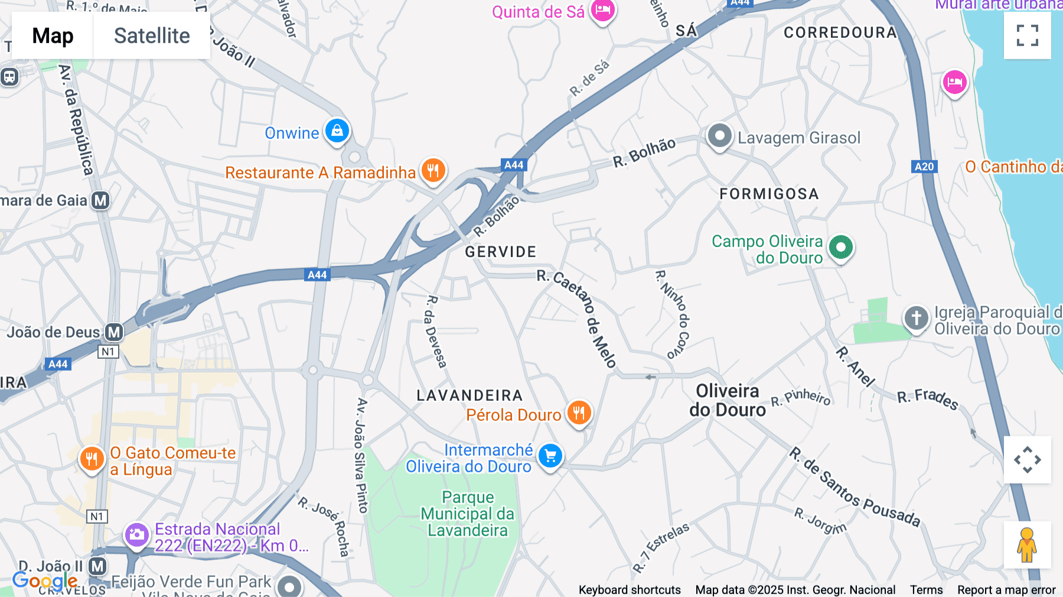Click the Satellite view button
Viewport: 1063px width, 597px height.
click(x=152, y=35)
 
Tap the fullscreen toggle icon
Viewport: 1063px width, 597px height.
click(x=1027, y=35)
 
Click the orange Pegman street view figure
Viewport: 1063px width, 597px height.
click(x=1027, y=544)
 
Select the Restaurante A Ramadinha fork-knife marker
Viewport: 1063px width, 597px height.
click(x=433, y=171)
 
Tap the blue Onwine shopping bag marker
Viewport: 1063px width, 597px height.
click(x=337, y=131)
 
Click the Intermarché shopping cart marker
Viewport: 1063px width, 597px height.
click(x=550, y=456)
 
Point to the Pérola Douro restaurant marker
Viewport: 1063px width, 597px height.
click(x=579, y=413)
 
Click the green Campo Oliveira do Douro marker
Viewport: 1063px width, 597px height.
click(x=841, y=247)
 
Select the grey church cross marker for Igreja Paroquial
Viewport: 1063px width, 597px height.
click(x=916, y=318)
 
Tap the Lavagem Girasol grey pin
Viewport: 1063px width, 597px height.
click(x=719, y=137)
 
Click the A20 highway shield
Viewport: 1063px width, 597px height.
click(x=924, y=167)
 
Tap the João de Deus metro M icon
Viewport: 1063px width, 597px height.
click(x=114, y=332)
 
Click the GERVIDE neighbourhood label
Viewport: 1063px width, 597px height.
click(x=500, y=252)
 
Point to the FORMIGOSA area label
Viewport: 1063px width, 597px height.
click(x=769, y=194)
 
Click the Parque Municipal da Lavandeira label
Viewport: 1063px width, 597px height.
click(x=467, y=514)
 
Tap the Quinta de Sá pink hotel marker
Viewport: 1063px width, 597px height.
click(x=603, y=10)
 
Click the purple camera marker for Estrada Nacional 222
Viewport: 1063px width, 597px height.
click(x=136, y=535)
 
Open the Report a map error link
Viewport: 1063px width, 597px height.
click(x=1006, y=590)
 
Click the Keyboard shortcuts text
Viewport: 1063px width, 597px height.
click(x=630, y=590)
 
